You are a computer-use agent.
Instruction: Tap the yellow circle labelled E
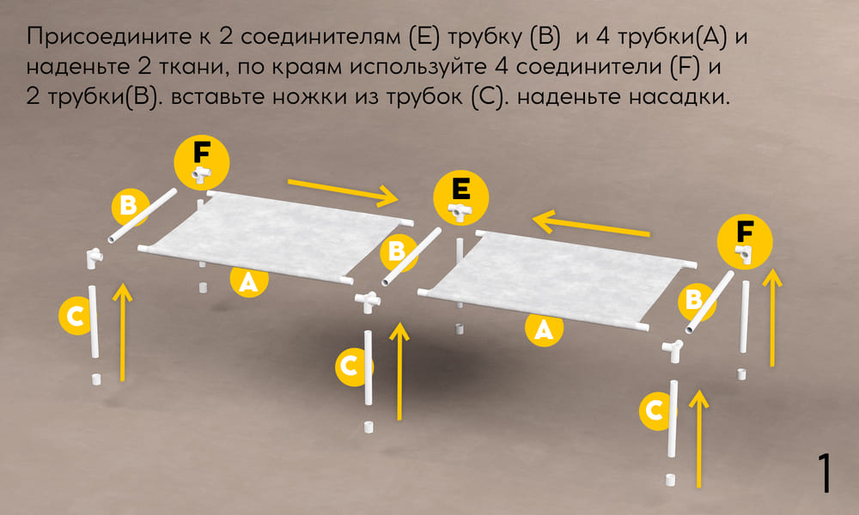click(461, 198)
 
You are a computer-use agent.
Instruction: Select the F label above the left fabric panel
click(202, 163)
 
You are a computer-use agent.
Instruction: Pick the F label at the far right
click(745, 241)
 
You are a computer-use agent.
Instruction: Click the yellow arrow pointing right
click(344, 191)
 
